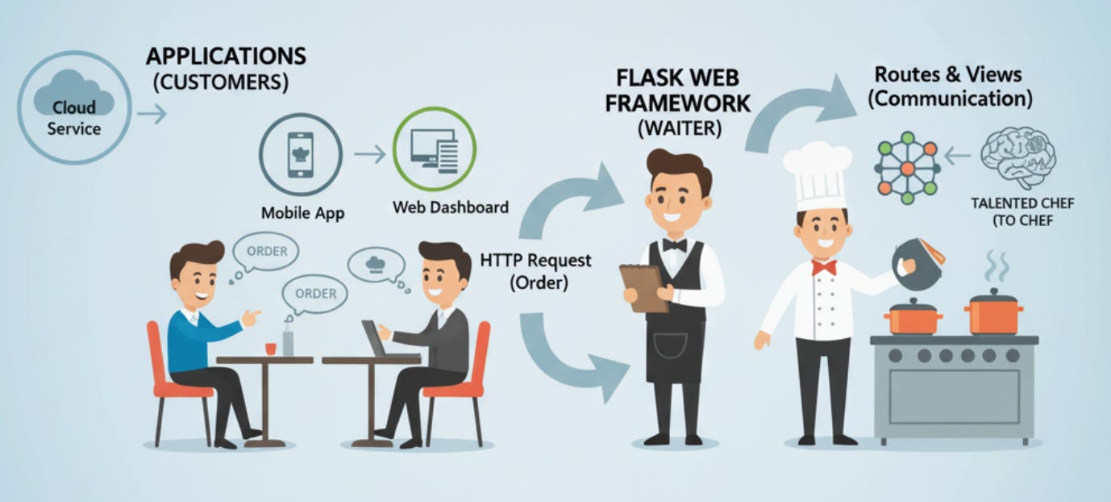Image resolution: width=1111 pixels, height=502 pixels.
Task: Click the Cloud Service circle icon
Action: click(x=73, y=107)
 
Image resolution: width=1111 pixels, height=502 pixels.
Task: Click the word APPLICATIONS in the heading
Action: click(x=226, y=57)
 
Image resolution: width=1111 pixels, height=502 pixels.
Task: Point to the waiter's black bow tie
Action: click(x=674, y=245)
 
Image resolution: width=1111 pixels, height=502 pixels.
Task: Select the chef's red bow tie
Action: click(x=823, y=267)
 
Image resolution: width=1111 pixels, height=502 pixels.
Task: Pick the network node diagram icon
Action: click(x=907, y=169)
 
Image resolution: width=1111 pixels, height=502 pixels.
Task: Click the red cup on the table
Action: click(x=271, y=347)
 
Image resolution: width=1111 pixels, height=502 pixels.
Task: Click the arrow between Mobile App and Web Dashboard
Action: click(x=370, y=154)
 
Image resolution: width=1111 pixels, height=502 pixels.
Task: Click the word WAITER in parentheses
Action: click(x=678, y=128)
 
